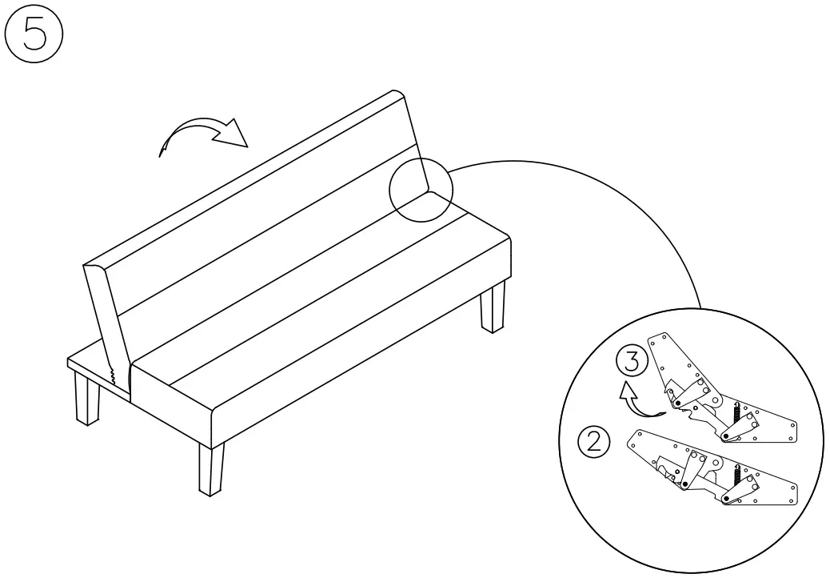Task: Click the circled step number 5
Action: coord(33,37)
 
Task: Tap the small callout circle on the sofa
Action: coord(421,189)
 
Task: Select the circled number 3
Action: coord(632,363)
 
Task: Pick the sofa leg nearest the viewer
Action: coord(211,470)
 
